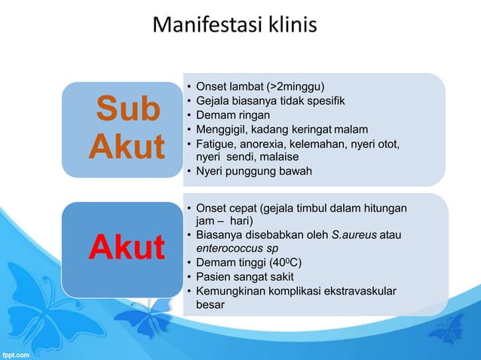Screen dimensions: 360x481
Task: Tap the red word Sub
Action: click(127, 110)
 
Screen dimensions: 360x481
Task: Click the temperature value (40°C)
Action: click(286, 263)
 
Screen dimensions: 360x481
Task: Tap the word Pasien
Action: click(216, 277)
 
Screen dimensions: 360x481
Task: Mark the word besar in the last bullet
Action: click(210, 306)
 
